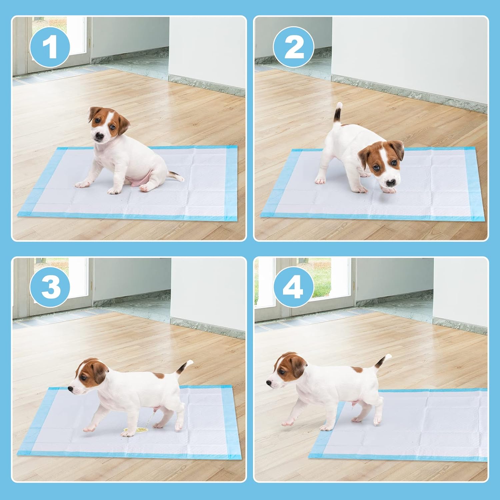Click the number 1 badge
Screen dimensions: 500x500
point(50,47)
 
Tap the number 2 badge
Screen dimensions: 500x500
point(294,47)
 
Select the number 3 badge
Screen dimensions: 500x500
point(50,287)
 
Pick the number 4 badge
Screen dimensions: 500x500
point(294,287)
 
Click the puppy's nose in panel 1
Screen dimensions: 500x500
point(99,136)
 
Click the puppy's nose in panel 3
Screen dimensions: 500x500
point(71,388)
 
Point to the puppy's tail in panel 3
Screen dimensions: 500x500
point(184,367)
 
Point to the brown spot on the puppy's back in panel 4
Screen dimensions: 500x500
point(357,370)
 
